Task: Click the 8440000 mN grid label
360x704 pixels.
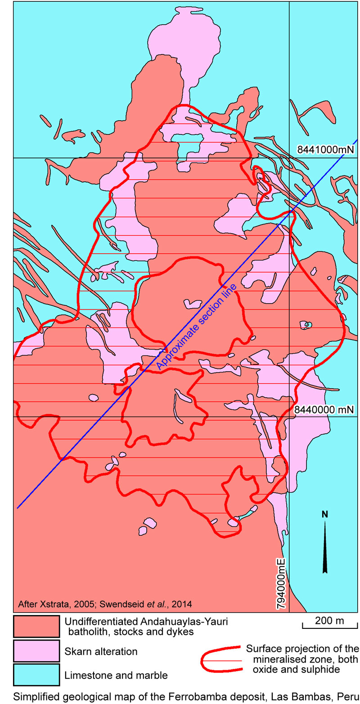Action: (x=325, y=410)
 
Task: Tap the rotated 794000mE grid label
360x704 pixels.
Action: (x=281, y=584)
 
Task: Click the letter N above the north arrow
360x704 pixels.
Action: (x=324, y=514)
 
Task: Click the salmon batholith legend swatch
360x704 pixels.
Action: (x=36, y=626)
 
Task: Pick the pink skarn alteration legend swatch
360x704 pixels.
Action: (x=36, y=651)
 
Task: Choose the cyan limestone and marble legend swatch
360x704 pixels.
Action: (x=36, y=675)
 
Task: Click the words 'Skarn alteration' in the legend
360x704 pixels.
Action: (x=101, y=651)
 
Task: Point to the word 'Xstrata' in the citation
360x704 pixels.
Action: (x=50, y=603)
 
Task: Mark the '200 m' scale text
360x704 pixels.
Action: (x=329, y=621)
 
